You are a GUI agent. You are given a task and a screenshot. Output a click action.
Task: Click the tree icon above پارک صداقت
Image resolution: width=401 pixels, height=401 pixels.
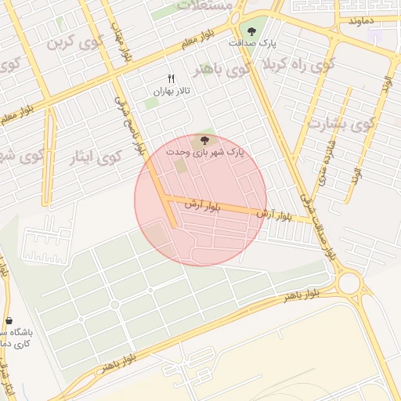click(x=251, y=32)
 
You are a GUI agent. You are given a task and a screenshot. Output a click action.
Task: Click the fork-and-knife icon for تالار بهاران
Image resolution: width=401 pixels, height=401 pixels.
click(x=172, y=78)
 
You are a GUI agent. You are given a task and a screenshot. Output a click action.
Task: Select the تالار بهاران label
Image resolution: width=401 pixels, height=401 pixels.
click(x=172, y=92)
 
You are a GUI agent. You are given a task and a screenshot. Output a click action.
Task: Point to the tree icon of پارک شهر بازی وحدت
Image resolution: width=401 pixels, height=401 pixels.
click(x=205, y=139)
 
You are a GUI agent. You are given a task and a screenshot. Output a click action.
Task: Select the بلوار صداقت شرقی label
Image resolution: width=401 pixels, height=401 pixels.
click(x=315, y=224)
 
